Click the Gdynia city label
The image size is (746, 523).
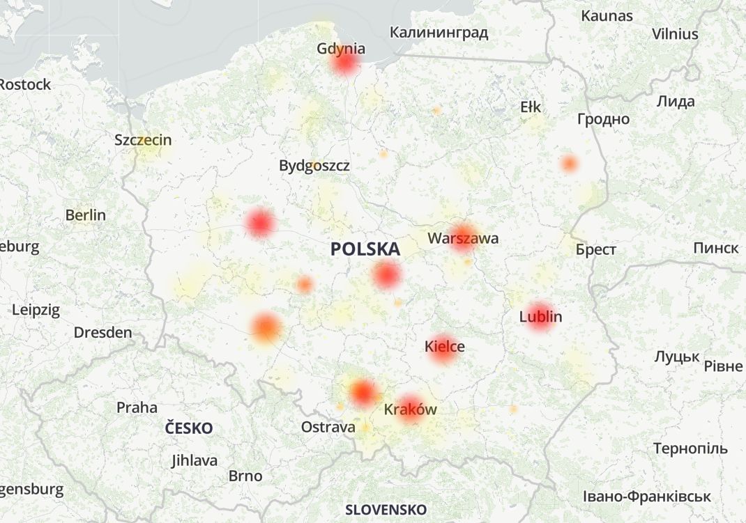[x=341, y=49]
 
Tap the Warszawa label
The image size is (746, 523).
[x=463, y=238]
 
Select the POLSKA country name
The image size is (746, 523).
[x=365, y=249]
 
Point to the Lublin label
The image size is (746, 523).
[x=540, y=317]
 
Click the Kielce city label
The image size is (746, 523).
[x=444, y=346]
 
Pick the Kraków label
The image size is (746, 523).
[x=410, y=409]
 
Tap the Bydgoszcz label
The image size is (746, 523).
[x=314, y=166]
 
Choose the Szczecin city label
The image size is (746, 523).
[x=143, y=139]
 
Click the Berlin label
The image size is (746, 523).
[x=85, y=214]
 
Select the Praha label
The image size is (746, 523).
[x=137, y=407]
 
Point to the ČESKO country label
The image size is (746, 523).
[x=189, y=428]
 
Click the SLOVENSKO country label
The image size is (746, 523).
[x=386, y=509]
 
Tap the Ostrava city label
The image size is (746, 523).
[x=328, y=427]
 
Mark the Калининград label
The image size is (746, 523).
[x=439, y=32]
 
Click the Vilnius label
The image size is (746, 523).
[x=674, y=33]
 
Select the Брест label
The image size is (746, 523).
[x=595, y=249]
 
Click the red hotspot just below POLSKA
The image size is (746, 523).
[x=386, y=275]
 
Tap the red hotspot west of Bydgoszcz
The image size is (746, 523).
[x=260, y=223]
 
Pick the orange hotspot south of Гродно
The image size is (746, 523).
[x=570, y=164]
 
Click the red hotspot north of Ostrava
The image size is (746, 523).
[x=363, y=393]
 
